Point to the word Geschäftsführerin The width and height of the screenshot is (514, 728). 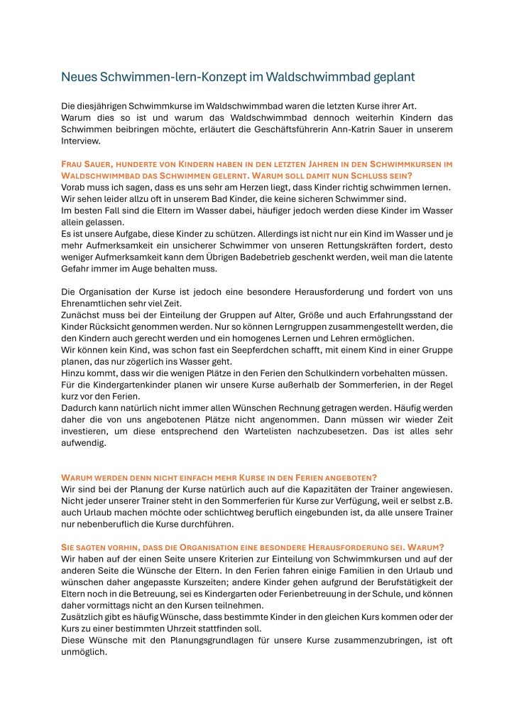pyautogui.click(x=321, y=129)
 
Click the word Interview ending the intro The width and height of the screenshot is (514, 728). pyautogui.click(x=80, y=140)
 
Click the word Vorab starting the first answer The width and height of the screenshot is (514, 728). pyautogui.click(x=73, y=187)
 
